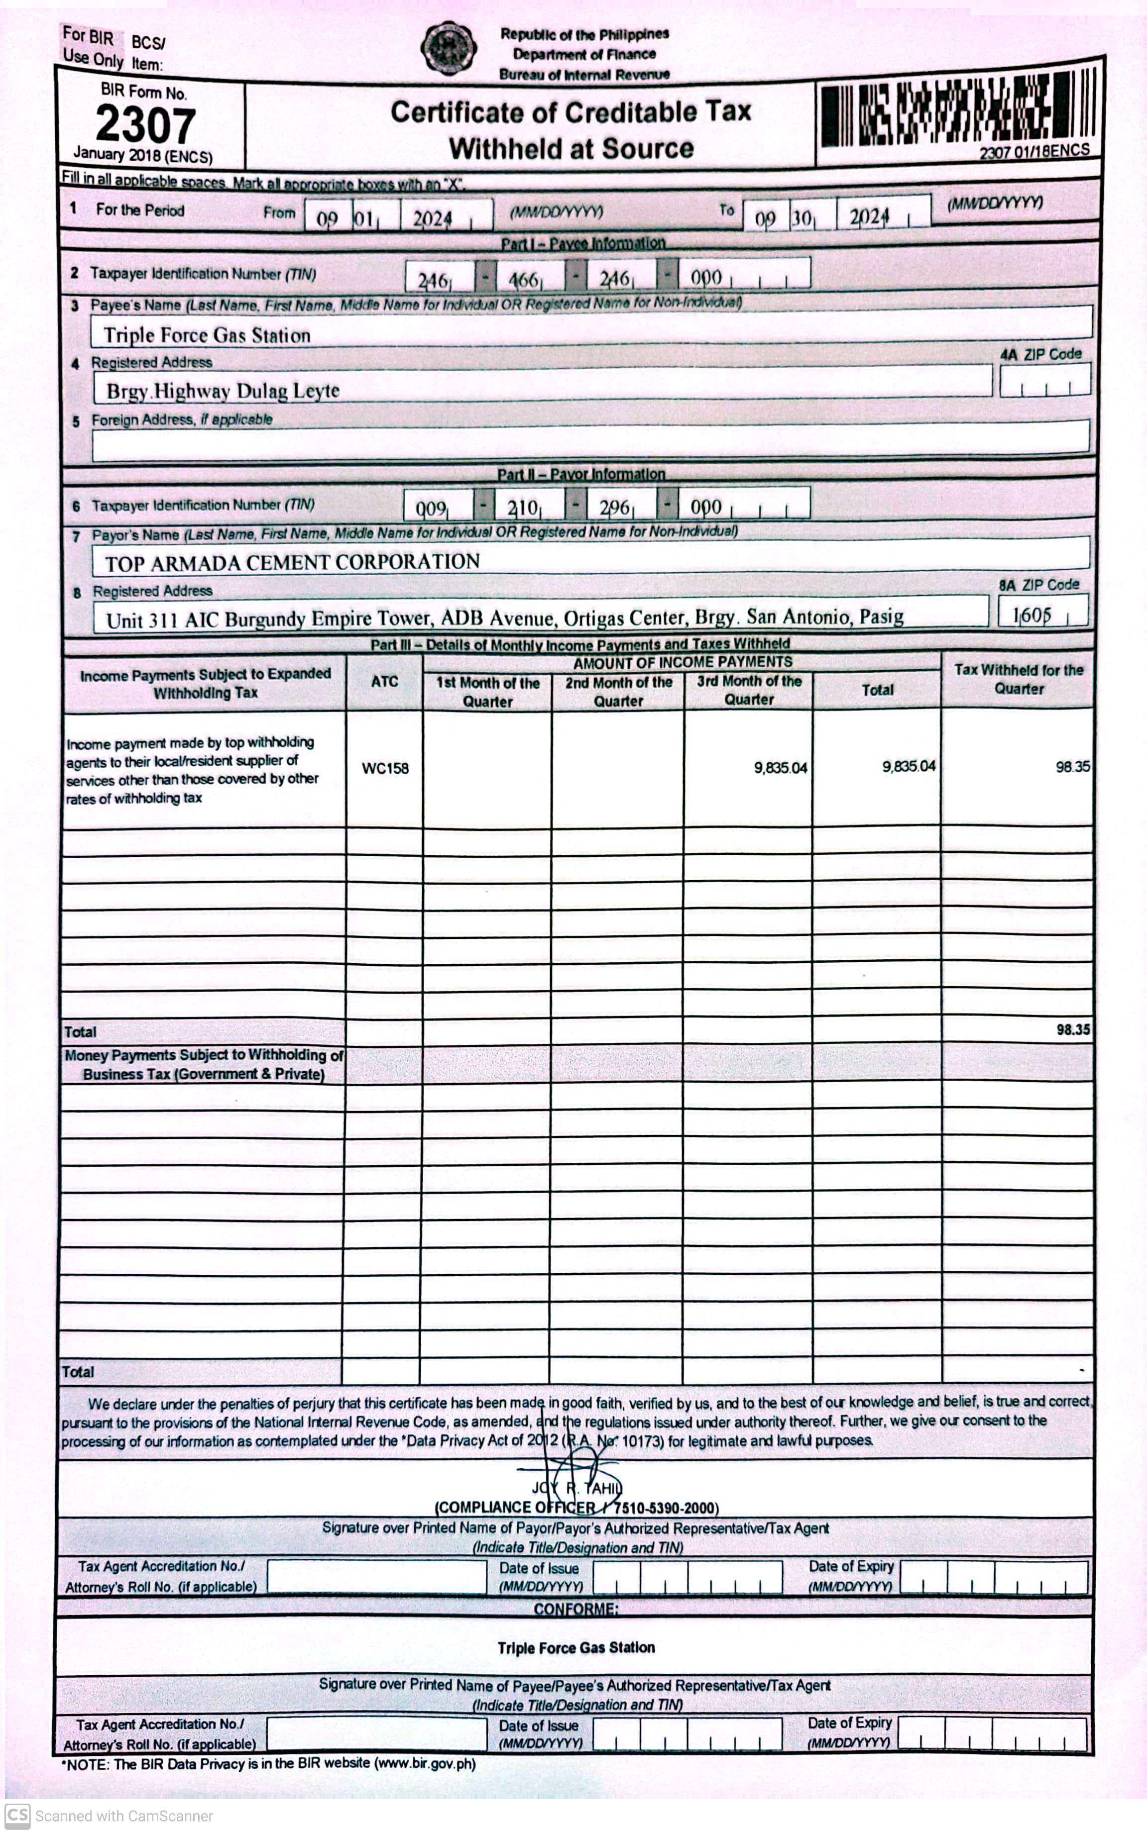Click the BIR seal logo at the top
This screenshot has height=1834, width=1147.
click(x=449, y=48)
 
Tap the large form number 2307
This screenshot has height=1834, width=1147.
click(x=146, y=124)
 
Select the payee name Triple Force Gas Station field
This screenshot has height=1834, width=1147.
click(x=207, y=335)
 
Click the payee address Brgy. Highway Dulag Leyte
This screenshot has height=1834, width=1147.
click(x=222, y=391)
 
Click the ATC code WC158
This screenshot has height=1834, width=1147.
click(x=385, y=768)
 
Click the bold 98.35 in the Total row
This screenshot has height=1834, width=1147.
click(x=1073, y=1029)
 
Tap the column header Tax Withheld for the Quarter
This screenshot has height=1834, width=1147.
click(x=1018, y=679)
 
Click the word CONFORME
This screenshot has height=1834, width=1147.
click(x=576, y=1609)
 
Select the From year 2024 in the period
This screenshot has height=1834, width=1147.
click(x=433, y=219)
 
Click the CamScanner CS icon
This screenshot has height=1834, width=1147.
click(x=17, y=1815)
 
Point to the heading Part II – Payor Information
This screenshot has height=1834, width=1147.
click(x=581, y=474)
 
